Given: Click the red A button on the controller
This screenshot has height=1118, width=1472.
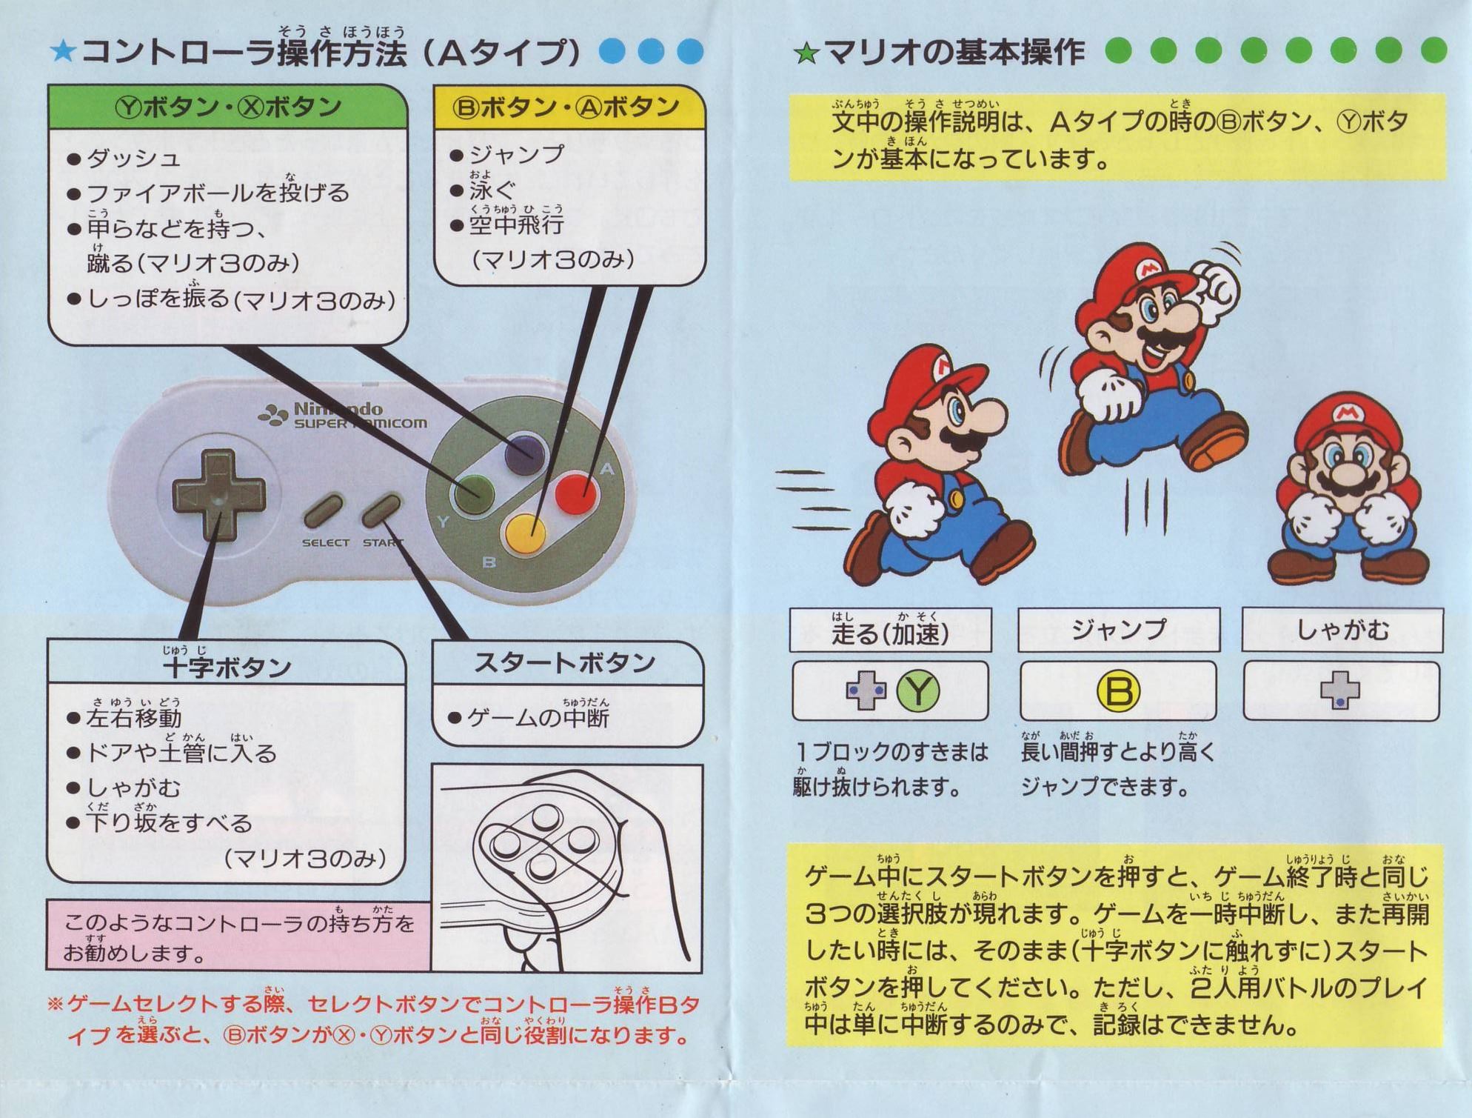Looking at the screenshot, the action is [x=575, y=493].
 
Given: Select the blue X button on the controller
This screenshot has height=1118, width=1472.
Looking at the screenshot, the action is [x=525, y=455].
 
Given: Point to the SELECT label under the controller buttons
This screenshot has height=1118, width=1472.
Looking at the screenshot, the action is [x=325, y=543].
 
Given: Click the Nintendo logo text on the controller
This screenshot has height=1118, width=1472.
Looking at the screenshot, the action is [x=338, y=408].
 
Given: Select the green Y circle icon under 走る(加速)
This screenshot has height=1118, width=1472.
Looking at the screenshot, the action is [x=917, y=691].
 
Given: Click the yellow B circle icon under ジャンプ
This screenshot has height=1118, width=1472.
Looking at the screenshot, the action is [x=1118, y=691].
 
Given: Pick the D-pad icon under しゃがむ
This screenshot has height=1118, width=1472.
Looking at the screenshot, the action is [x=1340, y=691].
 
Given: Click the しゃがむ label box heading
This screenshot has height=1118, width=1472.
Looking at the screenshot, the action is [x=1342, y=630].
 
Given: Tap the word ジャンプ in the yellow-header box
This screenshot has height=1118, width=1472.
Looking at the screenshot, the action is [x=517, y=154].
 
